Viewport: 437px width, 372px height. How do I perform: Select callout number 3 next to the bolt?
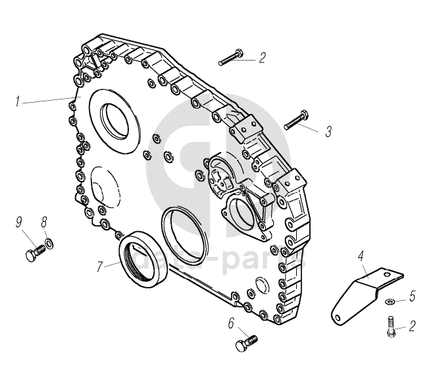[328, 132]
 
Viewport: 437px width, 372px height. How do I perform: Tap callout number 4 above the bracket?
[361, 255]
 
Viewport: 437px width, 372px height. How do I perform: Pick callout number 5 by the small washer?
[412, 296]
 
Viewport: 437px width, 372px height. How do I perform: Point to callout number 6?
[231, 323]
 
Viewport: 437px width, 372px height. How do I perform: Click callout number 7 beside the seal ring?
[100, 267]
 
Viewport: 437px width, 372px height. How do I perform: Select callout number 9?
[19, 222]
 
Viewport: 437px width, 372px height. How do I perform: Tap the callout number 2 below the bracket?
[412, 325]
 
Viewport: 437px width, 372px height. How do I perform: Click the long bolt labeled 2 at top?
[230, 57]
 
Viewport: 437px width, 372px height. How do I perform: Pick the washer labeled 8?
[48, 245]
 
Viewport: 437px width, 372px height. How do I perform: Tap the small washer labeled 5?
[389, 301]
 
